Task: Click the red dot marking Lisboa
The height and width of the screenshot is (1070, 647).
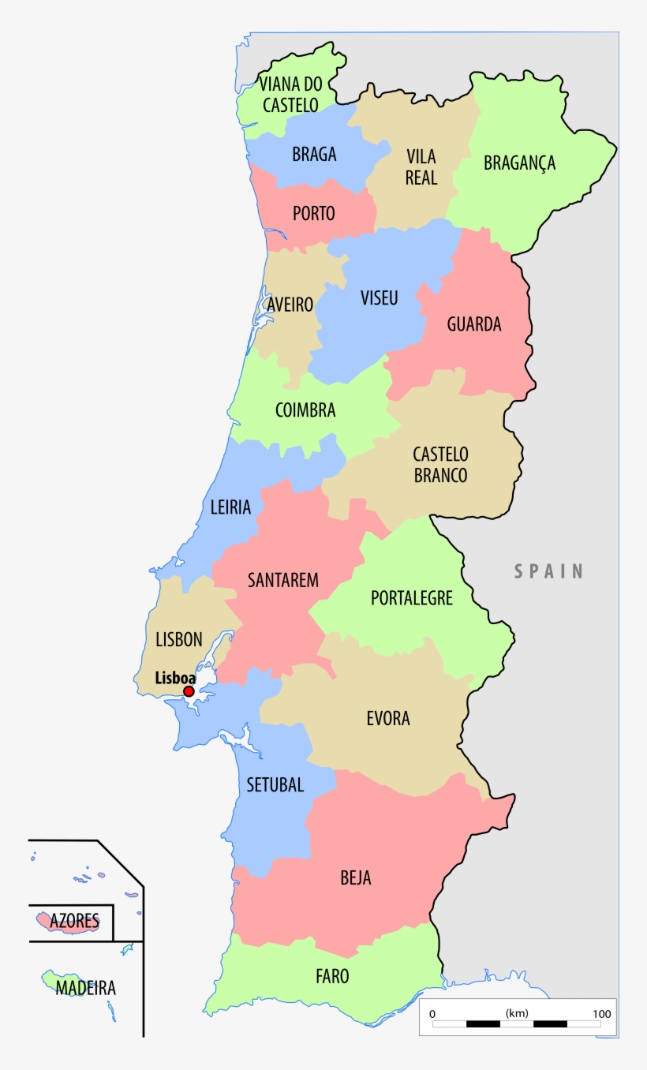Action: (189, 691)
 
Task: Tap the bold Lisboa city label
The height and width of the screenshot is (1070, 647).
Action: (175, 677)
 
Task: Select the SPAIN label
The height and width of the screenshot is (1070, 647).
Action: (549, 571)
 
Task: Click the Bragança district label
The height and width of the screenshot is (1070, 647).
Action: (519, 163)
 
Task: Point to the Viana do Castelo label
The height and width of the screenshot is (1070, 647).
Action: (290, 94)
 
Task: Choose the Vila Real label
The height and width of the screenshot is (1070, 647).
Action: (421, 166)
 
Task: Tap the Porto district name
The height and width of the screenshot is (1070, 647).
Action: (313, 213)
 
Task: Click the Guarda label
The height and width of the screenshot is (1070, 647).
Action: (474, 324)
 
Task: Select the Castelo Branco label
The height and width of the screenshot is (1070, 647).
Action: (440, 465)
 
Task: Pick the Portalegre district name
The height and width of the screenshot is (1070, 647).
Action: (412, 598)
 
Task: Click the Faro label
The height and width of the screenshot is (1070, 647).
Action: (332, 976)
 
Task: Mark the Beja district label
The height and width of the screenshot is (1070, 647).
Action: (355, 877)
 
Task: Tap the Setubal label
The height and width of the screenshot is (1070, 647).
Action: (275, 784)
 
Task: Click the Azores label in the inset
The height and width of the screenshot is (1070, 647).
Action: (74, 921)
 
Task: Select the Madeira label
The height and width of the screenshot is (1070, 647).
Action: (85, 988)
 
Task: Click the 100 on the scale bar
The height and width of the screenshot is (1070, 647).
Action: (601, 1014)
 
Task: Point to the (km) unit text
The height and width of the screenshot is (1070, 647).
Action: (517, 1013)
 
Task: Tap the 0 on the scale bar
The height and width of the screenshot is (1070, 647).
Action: (432, 1014)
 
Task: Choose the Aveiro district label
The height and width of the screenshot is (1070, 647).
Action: (290, 304)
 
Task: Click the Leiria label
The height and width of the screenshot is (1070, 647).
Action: (230, 507)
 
